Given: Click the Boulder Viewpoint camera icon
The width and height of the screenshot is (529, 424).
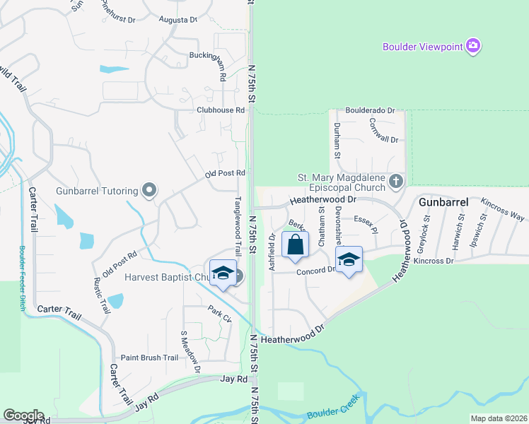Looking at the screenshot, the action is tap(473, 47).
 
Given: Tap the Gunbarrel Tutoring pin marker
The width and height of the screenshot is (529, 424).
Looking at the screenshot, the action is tap(149, 190).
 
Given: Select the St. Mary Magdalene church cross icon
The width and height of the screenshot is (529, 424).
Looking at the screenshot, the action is tap(396, 182).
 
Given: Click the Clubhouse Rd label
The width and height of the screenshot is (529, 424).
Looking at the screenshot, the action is tap(221, 110).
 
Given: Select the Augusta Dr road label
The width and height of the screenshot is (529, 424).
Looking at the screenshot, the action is tap(178, 20).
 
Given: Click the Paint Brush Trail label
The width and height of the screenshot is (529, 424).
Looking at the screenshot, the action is tap(149, 358).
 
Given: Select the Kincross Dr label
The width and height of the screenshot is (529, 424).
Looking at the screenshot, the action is tap(454, 261).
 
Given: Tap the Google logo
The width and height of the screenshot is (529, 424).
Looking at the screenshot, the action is tap(23, 416).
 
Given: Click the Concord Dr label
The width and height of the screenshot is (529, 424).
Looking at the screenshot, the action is tap(315, 271).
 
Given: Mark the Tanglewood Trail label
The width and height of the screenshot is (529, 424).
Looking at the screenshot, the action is tap(238, 225).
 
